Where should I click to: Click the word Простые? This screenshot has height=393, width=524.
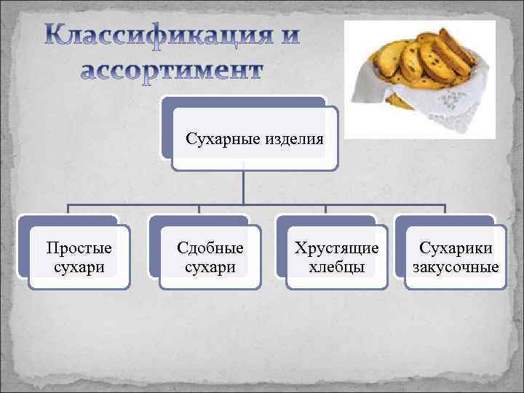[x=79, y=247]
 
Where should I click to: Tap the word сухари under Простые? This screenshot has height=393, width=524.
[x=79, y=267]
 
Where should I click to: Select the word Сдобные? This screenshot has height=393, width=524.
[x=210, y=247]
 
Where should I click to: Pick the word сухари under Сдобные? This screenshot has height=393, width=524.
[x=210, y=267]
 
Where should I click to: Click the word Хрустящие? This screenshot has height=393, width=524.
[x=336, y=247]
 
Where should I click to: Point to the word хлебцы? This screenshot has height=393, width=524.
[x=336, y=267]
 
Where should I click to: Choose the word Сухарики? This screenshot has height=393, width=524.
[x=456, y=247]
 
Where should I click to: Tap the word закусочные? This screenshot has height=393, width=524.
[x=456, y=267]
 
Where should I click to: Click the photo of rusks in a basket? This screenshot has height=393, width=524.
[x=418, y=79]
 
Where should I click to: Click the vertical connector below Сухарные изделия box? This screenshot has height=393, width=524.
[x=243, y=186]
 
